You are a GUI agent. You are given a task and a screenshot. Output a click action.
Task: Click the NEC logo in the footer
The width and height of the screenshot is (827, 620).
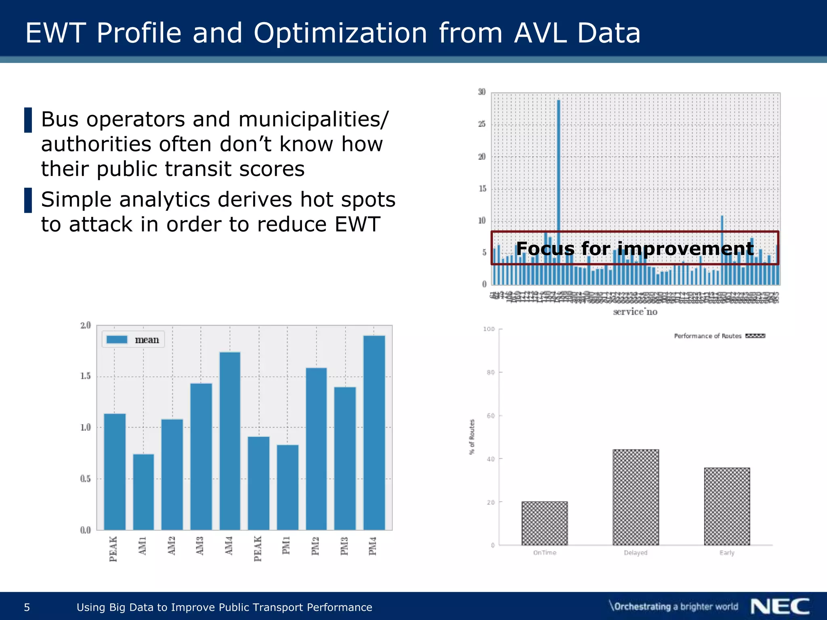pyautogui.click(x=780, y=607)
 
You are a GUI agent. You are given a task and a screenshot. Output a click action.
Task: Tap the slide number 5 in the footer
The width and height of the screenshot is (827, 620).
pyautogui.click(x=27, y=607)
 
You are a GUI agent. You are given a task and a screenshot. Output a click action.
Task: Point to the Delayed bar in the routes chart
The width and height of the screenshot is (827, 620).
pyautogui.click(x=636, y=497)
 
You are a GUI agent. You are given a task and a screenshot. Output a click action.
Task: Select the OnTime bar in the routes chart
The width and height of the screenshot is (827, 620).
pyautogui.click(x=544, y=523)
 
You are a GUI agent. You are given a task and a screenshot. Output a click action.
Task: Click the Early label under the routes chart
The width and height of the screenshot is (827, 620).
pyautogui.click(x=727, y=553)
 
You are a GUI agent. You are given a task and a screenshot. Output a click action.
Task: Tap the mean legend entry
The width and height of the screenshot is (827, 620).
pyautogui.click(x=134, y=340)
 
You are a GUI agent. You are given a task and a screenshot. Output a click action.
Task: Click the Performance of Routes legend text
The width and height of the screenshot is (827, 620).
pyautogui.click(x=707, y=336)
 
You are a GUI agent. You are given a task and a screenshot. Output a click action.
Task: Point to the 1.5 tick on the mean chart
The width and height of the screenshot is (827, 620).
pyautogui.click(x=85, y=376)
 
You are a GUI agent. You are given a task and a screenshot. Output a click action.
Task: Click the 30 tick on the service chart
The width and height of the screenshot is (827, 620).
pyautogui.click(x=482, y=92)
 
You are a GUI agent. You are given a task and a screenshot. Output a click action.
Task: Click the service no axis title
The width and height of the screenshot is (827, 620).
pyautogui.click(x=635, y=312)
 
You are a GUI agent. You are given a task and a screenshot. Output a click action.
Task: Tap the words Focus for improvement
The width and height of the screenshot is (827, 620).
pyautogui.click(x=635, y=248)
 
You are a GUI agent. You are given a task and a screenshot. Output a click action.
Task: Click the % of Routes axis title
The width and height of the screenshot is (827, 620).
pyautogui.click(x=472, y=437)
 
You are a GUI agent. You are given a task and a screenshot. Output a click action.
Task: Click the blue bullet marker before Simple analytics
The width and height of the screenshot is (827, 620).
pyautogui.click(x=28, y=200)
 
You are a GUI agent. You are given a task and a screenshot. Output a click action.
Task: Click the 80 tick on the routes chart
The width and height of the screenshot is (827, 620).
pyautogui.click(x=491, y=372)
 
